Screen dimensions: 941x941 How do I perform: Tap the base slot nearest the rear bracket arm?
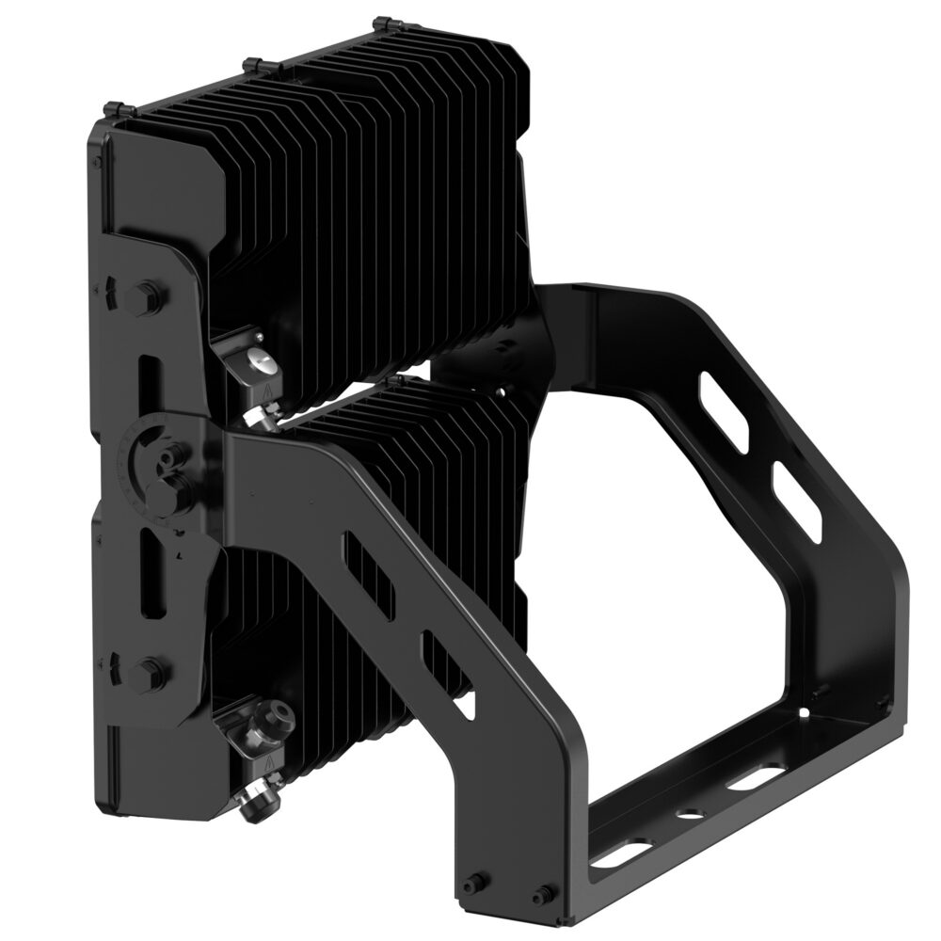pos(753,778)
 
